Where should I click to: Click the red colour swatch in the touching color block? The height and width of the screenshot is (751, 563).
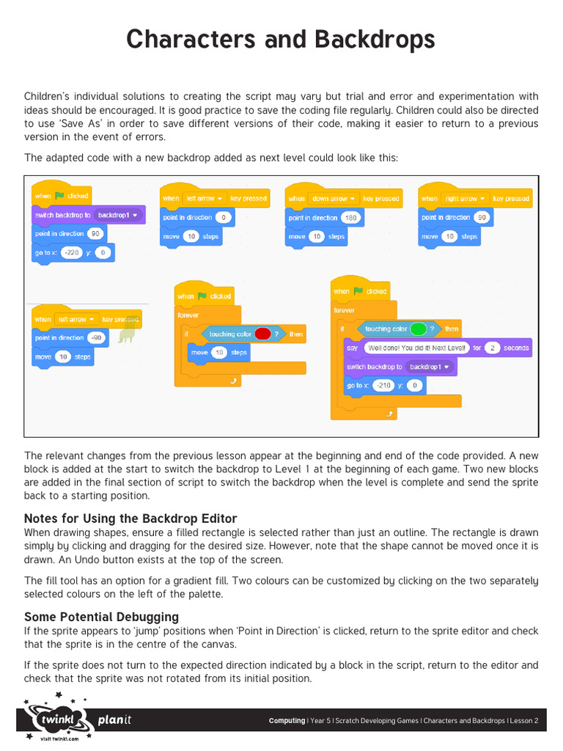pyautogui.click(x=262, y=334)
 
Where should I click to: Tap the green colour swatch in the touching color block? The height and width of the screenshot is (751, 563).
pyautogui.click(x=419, y=329)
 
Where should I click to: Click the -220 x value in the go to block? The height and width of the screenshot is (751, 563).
pyautogui.click(x=72, y=252)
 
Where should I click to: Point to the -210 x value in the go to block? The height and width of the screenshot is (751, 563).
pyautogui.click(x=383, y=385)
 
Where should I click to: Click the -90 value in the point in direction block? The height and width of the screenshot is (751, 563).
pyautogui.click(x=96, y=338)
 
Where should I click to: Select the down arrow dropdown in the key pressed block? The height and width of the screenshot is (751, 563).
pyautogui.click(x=333, y=199)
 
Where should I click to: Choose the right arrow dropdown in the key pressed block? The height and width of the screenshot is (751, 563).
pyautogui.click(x=464, y=199)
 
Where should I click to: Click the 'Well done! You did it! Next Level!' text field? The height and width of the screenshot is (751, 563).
pyautogui.click(x=416, y=348)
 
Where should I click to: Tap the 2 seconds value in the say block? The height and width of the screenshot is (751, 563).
pyautogui.click(x=493, y=348)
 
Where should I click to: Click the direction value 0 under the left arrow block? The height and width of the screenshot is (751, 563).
pyautogui.click(x=224, y=218)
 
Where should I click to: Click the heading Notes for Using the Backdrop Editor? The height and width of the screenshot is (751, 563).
pyautogui.click(x=130, y=519)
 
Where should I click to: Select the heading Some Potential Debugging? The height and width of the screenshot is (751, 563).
pyautogui.click(x=101, y=617)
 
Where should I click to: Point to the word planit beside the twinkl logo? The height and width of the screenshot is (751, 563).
pyautogui.click(x=115, y=720)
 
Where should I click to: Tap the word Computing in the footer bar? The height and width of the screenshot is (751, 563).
pyautogui.click(x=287, y=721)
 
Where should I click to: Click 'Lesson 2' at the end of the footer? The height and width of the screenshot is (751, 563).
pyautogui.click(x=523, y=721)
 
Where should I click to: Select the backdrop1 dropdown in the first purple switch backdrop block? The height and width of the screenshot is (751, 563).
pyautogui.click(x=118, y=215)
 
